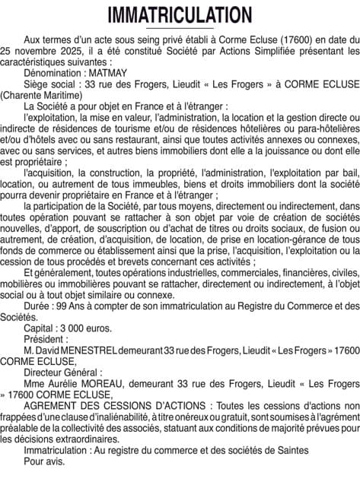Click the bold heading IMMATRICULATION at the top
point(180,15)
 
